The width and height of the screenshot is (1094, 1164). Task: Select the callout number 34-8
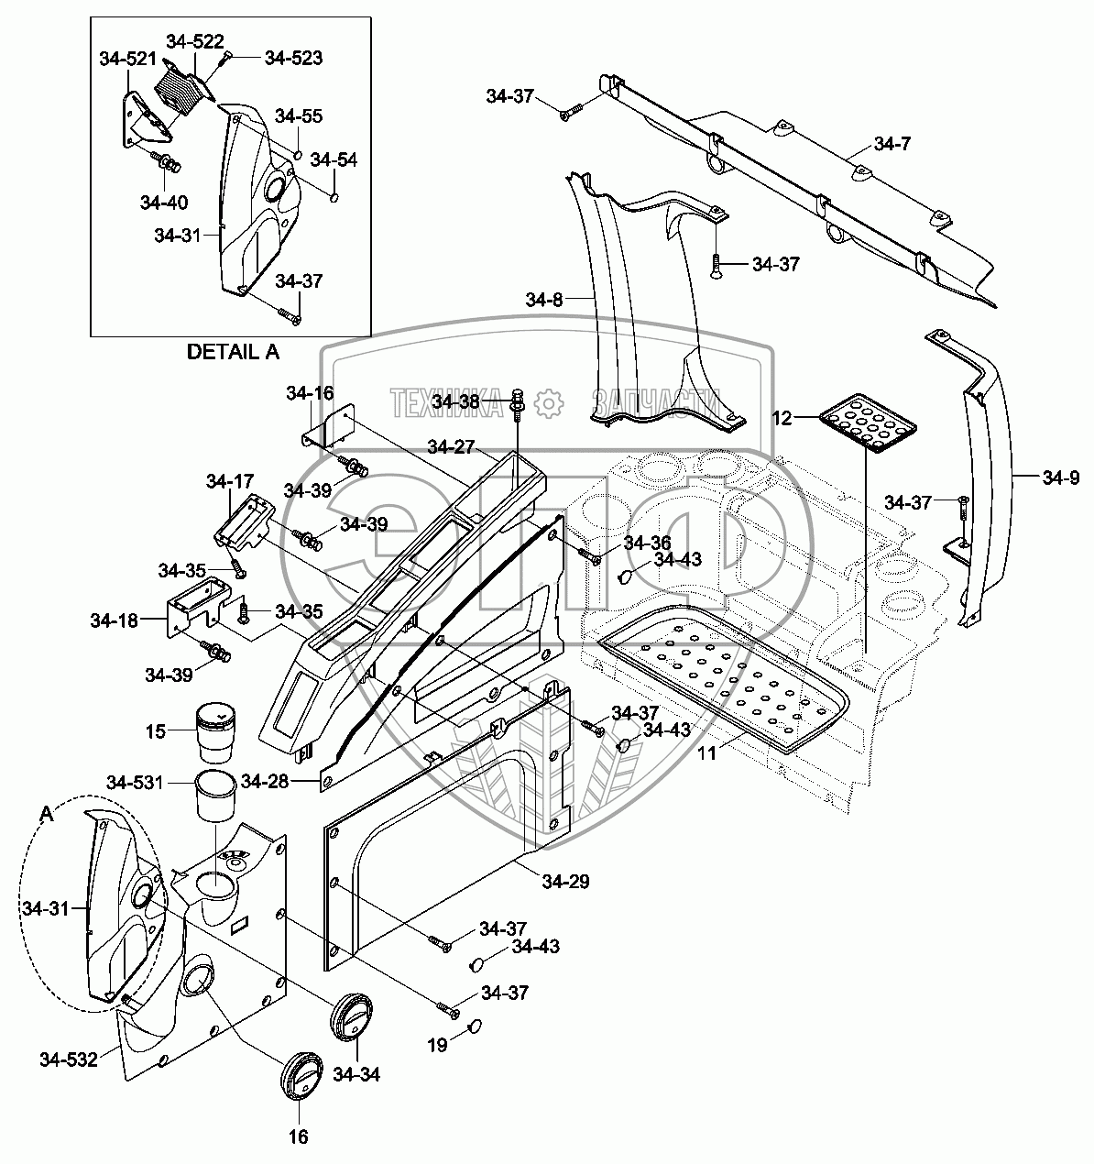click(546, 300)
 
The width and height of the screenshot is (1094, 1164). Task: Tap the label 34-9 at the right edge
click(1061, 478)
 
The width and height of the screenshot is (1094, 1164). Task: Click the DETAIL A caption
click(233, 351)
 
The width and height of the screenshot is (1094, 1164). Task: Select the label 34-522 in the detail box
click(194, 41)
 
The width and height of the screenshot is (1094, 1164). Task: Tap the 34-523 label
click(293, 58)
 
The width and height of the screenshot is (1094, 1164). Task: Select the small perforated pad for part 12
click(866, 422)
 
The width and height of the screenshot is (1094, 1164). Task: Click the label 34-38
click(455, 401)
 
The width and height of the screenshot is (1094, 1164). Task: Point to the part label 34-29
click(565, 882)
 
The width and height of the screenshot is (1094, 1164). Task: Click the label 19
click(438, 1044)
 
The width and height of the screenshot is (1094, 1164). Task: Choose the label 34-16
click(309, 393)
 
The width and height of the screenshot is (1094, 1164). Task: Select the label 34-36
click(648, 543)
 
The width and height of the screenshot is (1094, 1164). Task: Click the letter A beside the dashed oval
click(46, 813)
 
